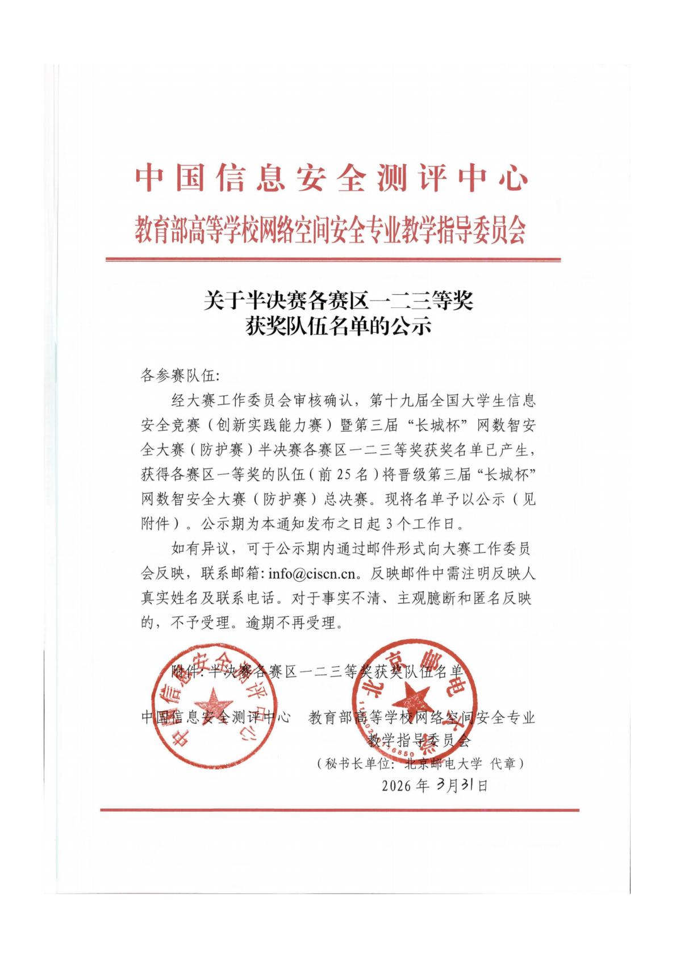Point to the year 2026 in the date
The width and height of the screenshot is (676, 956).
[x=397, y=786]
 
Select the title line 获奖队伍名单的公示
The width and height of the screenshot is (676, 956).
[x=338, y=327]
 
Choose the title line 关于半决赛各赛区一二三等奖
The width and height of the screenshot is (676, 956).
[x=338, y=300]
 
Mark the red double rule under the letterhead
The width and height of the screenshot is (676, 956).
[x=333, y=260]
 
